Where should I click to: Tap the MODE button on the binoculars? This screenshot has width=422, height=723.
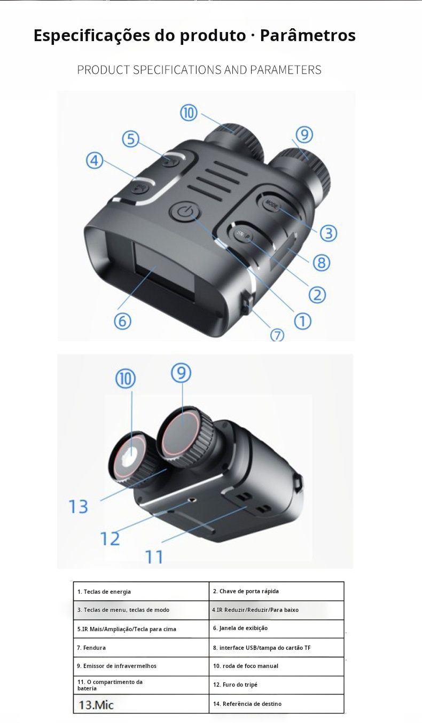[x=272, y=204]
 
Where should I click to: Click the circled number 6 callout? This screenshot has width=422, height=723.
[x=122, y=321]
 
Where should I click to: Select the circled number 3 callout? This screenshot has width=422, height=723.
[x=328, y=233]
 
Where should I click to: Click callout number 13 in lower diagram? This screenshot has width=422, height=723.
[x=78, y=506]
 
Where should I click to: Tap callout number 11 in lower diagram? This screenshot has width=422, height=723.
[x=154, y=557]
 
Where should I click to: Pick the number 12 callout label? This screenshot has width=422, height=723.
[x=110, y=538]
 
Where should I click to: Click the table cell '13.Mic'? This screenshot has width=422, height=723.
[x=141, y=704]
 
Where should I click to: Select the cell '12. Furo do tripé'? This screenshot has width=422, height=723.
[x=276, y=685]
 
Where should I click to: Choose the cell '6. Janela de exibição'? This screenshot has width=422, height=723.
[x=276, y=628]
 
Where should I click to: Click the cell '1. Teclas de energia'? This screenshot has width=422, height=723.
[x=141, y=591]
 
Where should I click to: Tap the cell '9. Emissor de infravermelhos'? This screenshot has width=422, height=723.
[x=141, y=666]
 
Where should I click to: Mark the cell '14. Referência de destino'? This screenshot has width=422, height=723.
[x=276, y=704]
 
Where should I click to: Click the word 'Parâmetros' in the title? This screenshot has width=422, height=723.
[x=308, y=35]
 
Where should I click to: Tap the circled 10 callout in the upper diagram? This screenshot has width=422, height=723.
[x=189, y=113]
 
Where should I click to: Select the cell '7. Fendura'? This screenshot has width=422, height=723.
[x=141, y=648]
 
